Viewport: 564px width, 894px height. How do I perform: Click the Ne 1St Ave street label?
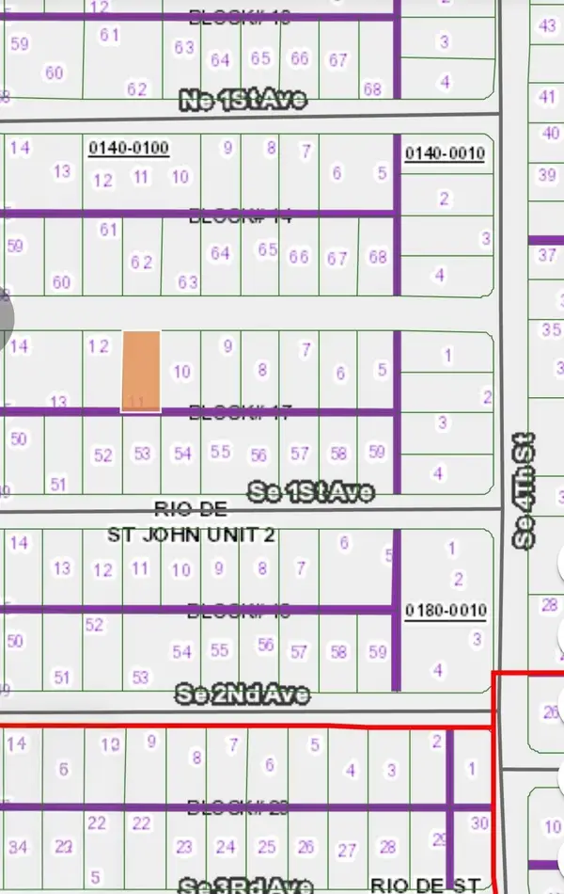(243, 100)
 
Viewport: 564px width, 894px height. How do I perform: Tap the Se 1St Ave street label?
(310, 491)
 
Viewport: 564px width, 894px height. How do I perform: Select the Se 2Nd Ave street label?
(243, 694)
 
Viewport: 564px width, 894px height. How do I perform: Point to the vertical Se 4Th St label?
(524, 490)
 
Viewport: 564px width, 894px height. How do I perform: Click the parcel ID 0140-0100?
(128, 148)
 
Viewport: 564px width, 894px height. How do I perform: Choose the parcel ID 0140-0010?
(444, 153)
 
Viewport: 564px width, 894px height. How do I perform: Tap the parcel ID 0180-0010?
(446, 611)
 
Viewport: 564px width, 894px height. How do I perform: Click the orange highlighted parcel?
(141, 371)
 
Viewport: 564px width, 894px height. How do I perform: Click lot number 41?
(547, 97)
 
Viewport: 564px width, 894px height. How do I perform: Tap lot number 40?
(551, 134)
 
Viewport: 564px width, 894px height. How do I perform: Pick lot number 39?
(547, 175)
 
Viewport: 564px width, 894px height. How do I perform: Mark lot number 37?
(547, 255)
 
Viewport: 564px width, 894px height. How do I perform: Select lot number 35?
(551, 329)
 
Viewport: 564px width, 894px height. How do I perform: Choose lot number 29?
(438, 838)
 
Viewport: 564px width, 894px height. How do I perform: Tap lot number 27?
(348, 851)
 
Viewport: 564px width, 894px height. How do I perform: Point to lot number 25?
(267, 847)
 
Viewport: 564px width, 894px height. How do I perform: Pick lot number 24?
(226, 847)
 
